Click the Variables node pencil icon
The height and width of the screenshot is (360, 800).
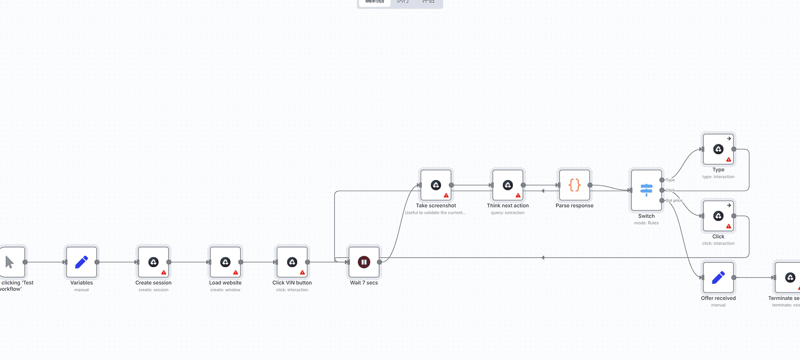tap(81, 262)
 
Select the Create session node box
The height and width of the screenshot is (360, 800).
tap(153, 262)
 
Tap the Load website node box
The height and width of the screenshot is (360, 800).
tap(225, 262)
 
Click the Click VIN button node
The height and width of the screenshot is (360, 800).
tap(292, 262)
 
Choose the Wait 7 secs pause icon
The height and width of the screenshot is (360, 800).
tap(364, 262)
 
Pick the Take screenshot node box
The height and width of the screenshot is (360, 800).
tap(436, 185)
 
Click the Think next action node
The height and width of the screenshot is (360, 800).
tap(508, 185)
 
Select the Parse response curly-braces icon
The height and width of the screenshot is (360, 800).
tap(575, 185)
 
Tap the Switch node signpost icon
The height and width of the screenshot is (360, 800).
tap(646, 190)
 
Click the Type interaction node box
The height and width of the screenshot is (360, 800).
tap(719, 150)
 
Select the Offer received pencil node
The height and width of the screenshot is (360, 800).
tap(719, 278)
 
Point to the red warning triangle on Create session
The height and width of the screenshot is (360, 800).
tap(164, 272)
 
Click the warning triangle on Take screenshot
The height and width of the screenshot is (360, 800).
tap(446, 195)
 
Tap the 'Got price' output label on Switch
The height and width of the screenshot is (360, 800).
tap(674, 200)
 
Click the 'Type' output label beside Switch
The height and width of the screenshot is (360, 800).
tap(670, 180)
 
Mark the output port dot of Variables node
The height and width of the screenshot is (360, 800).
tap(97, 262)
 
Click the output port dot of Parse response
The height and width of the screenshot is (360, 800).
tap(590, 185)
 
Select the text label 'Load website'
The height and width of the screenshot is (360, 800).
tap(225, 283)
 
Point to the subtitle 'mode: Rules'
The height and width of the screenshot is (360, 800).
tap(646, 223)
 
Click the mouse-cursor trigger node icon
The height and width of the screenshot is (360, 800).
tap(10, 262)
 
